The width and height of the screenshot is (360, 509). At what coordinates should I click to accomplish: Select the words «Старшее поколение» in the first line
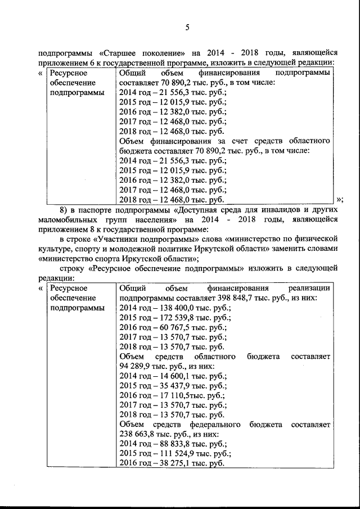(x=133, y=53)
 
